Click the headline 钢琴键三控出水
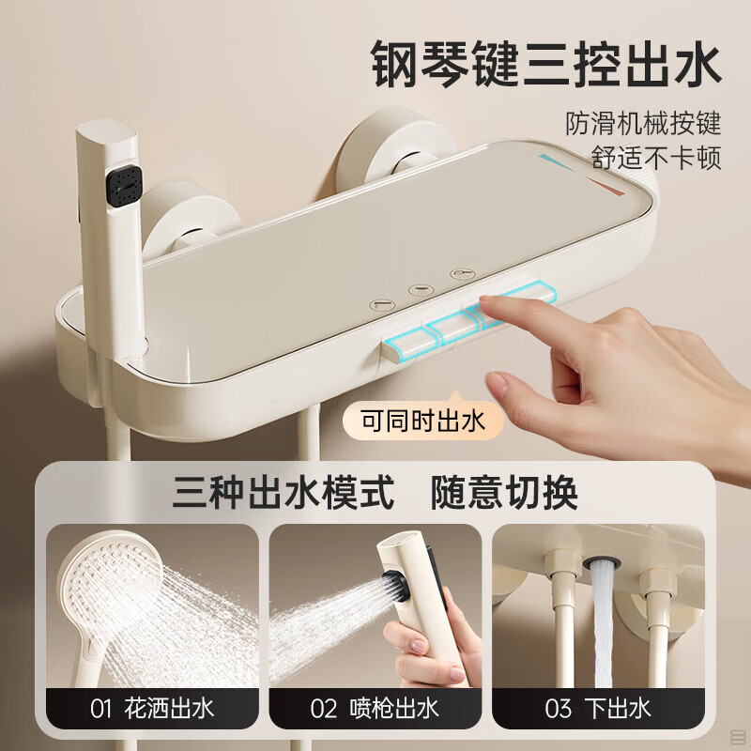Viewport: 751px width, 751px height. (546, 65)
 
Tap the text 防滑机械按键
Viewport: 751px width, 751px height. (643, 124)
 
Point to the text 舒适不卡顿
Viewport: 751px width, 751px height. (655, 157)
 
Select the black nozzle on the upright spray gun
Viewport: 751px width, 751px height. (124, 186)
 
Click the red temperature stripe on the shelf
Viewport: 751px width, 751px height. (605, 186)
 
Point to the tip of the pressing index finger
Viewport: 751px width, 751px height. (484, 300)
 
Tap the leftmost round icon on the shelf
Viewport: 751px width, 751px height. (382, 304)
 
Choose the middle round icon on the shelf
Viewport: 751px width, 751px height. (421, 290)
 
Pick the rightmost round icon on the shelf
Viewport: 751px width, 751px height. (462, 274)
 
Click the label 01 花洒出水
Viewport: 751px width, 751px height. (152, 709)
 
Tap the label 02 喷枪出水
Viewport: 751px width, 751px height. (375, 709)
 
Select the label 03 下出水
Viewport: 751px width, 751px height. (598, 709)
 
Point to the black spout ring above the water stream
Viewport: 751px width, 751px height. (602, 562)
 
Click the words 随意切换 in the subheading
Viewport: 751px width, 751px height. (504, 493)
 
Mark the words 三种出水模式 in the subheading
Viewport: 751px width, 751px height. (284, 493)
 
